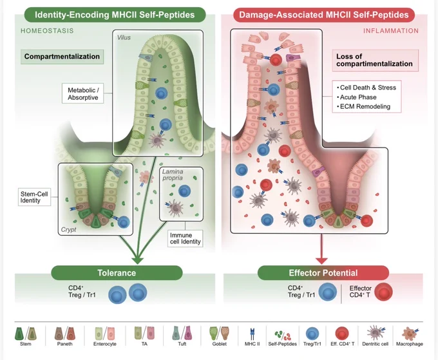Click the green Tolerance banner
pyautogui.click(x=117, y=273)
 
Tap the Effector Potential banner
pyautogui.click(x=323, y=273)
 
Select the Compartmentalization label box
pyautogui.click(x=62, y=57)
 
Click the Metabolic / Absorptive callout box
pyautogui.click(x=83, y=93)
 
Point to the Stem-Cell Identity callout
pyautogui.click(x=34, y=197)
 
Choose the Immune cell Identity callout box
pyautogui.click(x=186, y=238)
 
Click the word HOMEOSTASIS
pyautogui.click(x=47, y=31)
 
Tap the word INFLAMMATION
pyautogui.click(x=391, y=31)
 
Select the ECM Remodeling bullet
pyautogui.click(x=363, y=106)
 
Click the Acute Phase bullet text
pyautogui.click(x=357, y=97)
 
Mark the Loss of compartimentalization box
pyautogui.click(x=375, y=61)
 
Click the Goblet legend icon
pyautogui.click(x=219, y=333)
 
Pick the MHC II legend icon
pyautogui.click(x=252, y=334)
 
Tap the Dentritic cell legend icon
pyautogui.click(x=376, y=333)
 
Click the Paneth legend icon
pyautogui.click(x=65, y=333)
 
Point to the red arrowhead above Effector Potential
pyautogui.click(x=321, y=261)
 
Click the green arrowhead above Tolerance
pyautogui.click(x=137, y=260)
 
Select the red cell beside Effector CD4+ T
pyautogui.click(x=383, y=292)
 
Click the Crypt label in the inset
pyautogui.click(x=68, y=229)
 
